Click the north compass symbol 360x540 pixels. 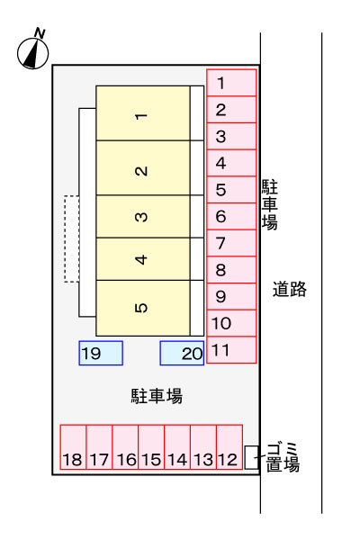pyautogui.click(x=32, y=53)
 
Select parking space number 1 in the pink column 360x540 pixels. pyautogui.click(x=231, y=83)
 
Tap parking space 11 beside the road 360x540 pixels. pyautogui.click(x=231, y=350)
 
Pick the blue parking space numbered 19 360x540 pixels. pyautogui.click(x=101, y=353)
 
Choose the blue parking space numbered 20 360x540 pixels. pyautogui.click(x=182, y=353)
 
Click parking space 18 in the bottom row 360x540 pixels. pyautogui.click(x=73, y=447)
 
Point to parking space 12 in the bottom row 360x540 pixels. pyautogui.click(x=229, y=447)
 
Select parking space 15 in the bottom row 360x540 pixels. pyautogui.click(x=151, y=447)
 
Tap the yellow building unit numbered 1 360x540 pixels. pyautogui.click(x=143, y=113)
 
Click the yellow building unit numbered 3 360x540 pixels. pyautogui.click(x=143, y=217)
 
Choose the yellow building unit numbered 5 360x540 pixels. pyautogui.click(x=143, y=308)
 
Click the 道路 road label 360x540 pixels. pyautogui.click(x=290, y=289)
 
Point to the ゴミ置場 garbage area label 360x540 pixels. pyautogui.click(x=283, y=457)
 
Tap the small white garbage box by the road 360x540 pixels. pyautogui.click(x=251, y=457)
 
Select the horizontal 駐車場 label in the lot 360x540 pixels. pyautogui.click(x=157, y=396)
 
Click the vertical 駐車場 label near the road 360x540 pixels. pyautogui.click(x=269, y=204)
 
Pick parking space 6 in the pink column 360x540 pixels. pyautogui.click(x=231, y=216)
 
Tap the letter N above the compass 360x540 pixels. pyautogui.click(x=40, y=33)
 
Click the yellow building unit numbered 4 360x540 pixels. pyautogui.click(x=143, y=259)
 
